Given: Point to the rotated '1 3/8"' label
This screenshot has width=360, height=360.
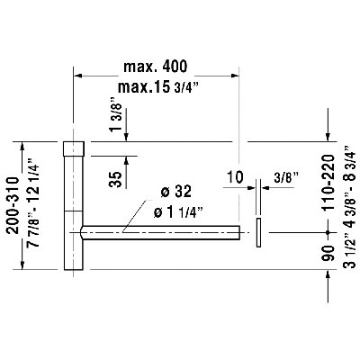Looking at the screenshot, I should click(115, 119).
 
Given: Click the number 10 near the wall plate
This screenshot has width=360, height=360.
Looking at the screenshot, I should click(236, 178).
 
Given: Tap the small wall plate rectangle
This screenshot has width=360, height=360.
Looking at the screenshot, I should click(259, 232).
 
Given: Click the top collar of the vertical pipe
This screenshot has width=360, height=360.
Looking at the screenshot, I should click(73, 148).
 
